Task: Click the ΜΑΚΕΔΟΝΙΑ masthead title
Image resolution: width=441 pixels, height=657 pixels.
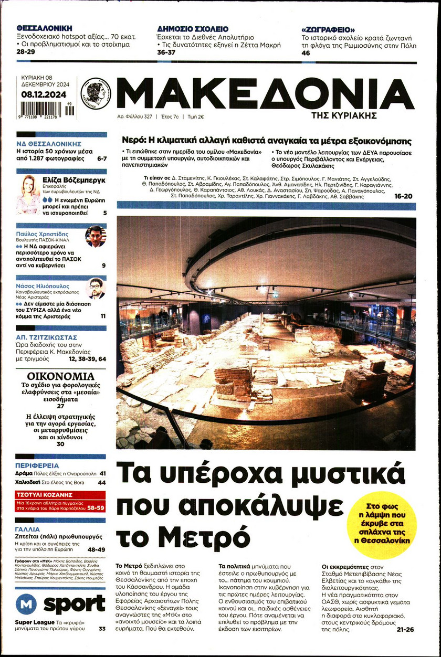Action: [x=265, y=94]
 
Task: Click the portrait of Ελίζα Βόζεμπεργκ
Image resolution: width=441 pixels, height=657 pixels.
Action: [x=28, y=195]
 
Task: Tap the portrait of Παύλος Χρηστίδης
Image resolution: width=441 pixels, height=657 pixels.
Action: [x=96, y=236]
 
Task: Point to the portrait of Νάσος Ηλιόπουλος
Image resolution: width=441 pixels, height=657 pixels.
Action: [x=96, y=288]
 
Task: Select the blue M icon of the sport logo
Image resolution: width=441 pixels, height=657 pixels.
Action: [x=26, y=604]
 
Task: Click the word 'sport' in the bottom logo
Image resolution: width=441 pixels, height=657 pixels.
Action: [x=74, y=604]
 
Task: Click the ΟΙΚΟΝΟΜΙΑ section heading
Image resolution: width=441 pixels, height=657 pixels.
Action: [x=61, y=377]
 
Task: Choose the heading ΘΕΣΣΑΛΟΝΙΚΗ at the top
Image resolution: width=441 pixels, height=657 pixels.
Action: [x=44, y=28]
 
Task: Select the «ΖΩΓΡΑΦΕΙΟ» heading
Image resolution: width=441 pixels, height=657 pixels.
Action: [x=328, y=29]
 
